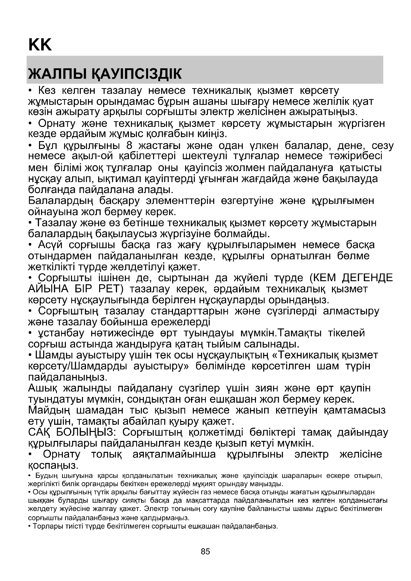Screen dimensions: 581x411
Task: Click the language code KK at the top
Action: point(40,45)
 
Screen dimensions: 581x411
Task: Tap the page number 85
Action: point(205,551)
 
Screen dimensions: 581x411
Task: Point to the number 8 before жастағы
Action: point(129,146)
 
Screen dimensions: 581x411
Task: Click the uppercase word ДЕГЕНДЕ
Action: point(367,278)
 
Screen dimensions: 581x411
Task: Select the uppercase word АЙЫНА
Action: point(48,289)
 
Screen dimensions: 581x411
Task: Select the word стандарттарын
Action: point(190,311)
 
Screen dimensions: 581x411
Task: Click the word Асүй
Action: point(50,245)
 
